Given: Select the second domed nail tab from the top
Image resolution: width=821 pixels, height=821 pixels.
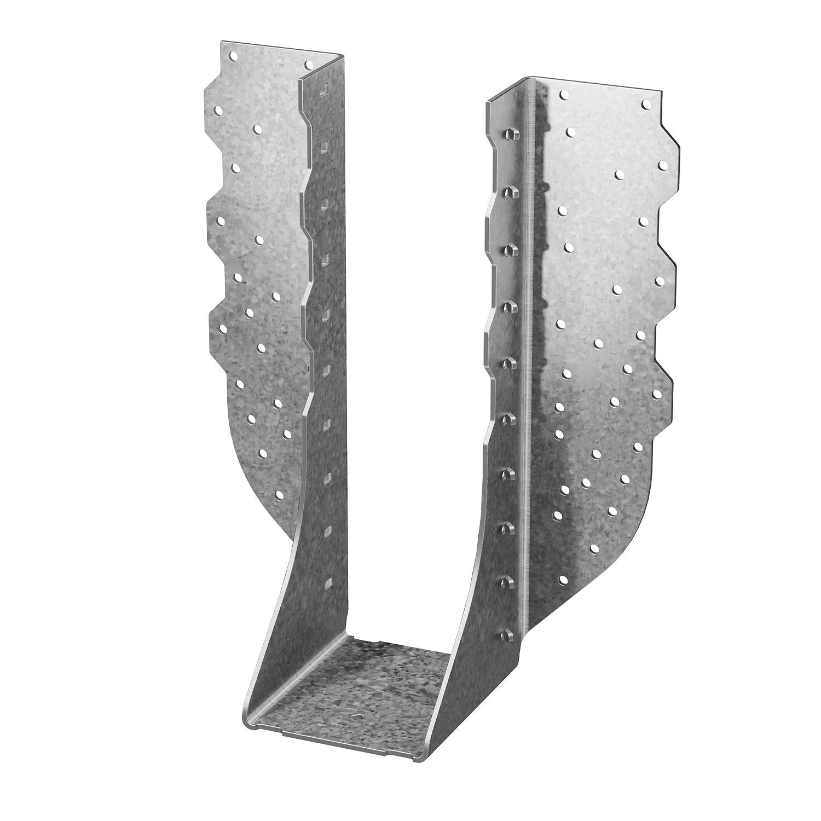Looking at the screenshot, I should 510,190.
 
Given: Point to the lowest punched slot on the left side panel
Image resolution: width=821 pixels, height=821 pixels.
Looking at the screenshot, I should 329,582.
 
